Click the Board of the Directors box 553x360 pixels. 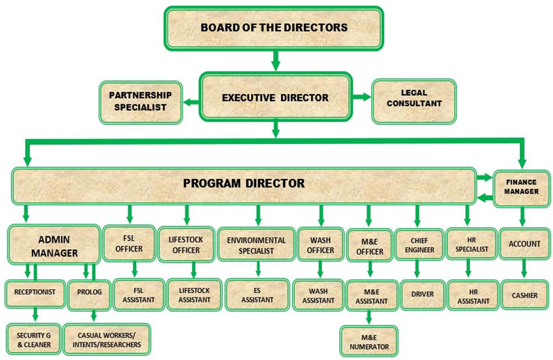coord(273,27)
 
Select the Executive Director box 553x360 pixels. coord(275,97)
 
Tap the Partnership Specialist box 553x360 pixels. coord(140,102)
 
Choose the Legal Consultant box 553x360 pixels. coord(413,102)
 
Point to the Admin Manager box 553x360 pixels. coord(54,246)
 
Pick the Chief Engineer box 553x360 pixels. coord(416,245)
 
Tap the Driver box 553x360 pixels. coord(423,294)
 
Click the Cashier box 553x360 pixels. coord(524,295)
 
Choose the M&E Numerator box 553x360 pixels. coord(369,341)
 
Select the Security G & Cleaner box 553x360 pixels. coord(33,339)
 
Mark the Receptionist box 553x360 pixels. coord(34,292)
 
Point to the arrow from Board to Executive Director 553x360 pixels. coord(275,61)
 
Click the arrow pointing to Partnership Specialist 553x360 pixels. coord(191,102)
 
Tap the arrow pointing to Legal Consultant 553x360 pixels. coord(362,96)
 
